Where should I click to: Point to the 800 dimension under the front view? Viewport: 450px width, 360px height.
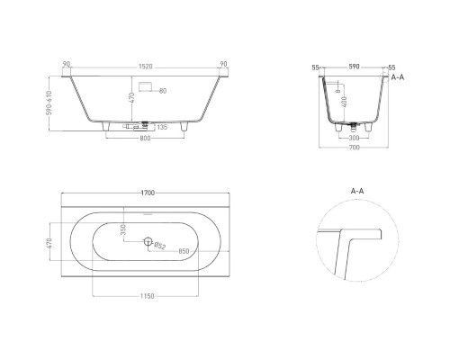(143, 139)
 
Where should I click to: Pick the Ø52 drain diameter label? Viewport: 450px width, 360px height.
(158, 244)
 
